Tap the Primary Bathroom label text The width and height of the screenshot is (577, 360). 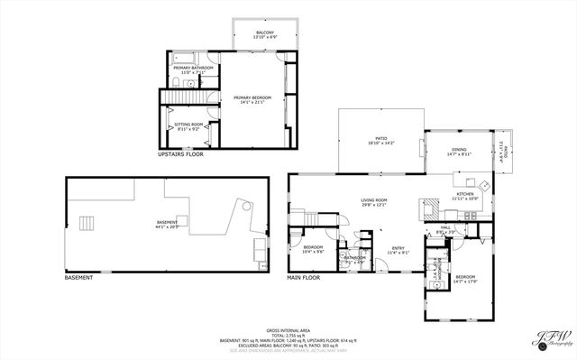195,68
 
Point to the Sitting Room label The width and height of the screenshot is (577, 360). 188,125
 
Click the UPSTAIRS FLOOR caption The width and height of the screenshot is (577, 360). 180,154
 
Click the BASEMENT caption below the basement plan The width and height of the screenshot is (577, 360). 78,277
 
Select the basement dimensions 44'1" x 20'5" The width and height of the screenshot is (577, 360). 168,226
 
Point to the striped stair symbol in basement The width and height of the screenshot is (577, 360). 87,223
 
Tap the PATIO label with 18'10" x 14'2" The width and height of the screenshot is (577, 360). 380,141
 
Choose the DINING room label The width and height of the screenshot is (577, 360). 459,152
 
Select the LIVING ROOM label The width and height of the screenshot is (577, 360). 374,202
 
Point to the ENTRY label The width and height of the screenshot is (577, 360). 398,250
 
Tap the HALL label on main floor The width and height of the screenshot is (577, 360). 445,229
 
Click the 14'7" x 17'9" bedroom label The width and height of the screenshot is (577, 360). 465,278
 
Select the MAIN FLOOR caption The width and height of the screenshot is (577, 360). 304,277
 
